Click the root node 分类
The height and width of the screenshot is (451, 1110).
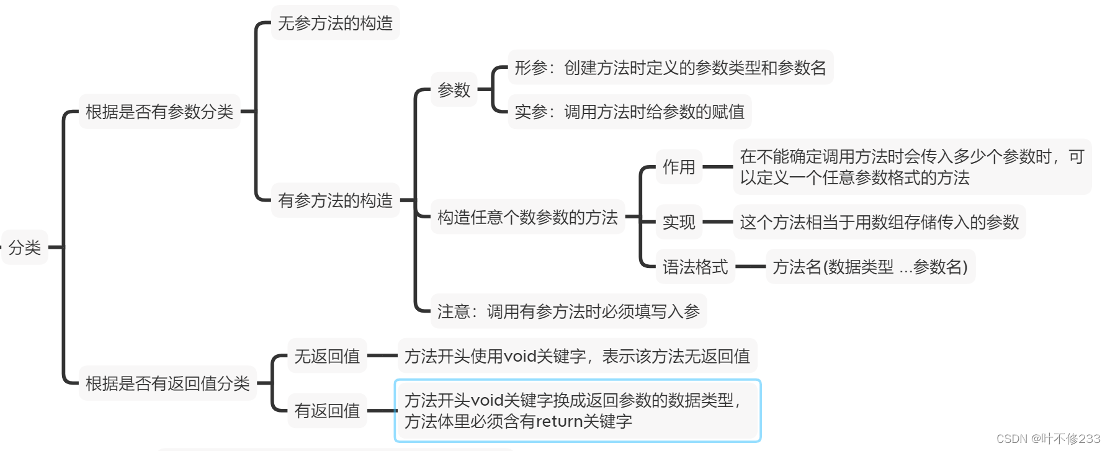tap(25, 248)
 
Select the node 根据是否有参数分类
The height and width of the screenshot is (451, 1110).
tap(159, 112)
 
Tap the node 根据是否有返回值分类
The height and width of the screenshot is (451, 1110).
tap(168, 383)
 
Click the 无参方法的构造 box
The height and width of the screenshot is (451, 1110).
tap(335, 24)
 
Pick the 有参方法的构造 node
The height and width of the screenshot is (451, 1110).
tap(335, 200)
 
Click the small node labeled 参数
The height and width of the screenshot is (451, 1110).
tap(454, 90)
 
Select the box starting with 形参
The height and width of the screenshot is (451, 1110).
tap(670, 68)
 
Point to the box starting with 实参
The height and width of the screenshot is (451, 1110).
tap(629, 112)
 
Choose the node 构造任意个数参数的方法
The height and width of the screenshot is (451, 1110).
tap(527, 217)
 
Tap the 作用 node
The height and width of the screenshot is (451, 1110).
tap(679, 167)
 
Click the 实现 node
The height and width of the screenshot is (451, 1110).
tap(679, 222)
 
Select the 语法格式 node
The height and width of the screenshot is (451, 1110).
tap(695, 267)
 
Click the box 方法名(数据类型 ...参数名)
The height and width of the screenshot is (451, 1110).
tap(870, 267)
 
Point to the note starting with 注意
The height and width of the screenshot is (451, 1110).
tap(568, 311)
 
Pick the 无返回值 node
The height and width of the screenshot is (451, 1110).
tap(327, 356)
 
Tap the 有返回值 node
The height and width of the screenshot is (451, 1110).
tap(327, 411)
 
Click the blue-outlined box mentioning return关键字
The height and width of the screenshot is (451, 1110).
tap(578, 411)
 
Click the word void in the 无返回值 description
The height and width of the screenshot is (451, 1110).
tap(520, 356)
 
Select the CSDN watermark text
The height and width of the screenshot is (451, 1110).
tap(1048, 439)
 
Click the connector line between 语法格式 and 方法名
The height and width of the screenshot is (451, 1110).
tap(750, 267)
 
